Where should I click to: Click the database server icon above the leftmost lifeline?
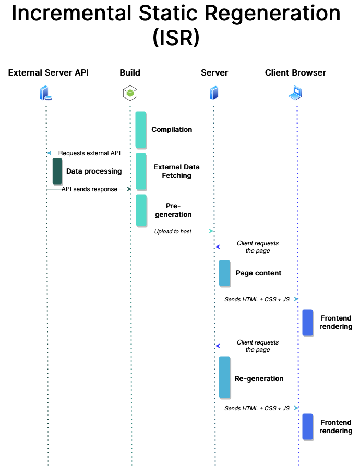(x=46, y=93)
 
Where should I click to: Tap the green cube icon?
(x=130, y=93)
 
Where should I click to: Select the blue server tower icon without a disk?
(x=214, y=93)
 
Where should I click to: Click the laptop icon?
(x=295, y=93)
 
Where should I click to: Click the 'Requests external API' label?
(x=89, y=153)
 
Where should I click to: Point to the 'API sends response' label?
(x=89, y=189)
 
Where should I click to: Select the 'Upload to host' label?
(x=172, y=231)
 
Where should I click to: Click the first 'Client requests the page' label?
(x=258, y=247)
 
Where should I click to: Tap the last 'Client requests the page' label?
(x=258, y=346)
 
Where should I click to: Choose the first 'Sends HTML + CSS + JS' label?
(x=257, y=299)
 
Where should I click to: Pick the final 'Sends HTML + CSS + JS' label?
(x=257, y=408)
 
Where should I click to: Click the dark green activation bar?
(x=57, y=171)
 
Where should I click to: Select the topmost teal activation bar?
(x=140, y=129)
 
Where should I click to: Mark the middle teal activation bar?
(x=141, y=171)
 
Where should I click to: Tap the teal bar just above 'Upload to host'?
(x=141, y=210)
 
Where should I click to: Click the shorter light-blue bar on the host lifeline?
(x=224, y=273)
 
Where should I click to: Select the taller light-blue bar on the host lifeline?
(x=224, y=377)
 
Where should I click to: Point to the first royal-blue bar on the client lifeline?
(x=307, y=322)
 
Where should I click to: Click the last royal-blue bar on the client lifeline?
(x=307, y=426)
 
